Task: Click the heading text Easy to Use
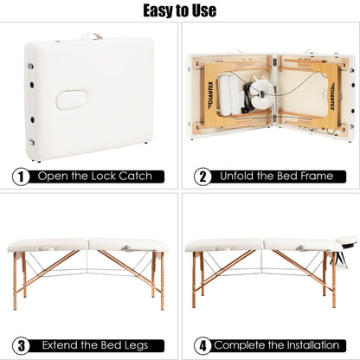coord(180,11)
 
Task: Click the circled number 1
coord(20,176)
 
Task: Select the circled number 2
coord(202,176)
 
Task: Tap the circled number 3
coord(20,344)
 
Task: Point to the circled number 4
coord(202,344)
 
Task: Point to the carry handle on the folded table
coord(93,36)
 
